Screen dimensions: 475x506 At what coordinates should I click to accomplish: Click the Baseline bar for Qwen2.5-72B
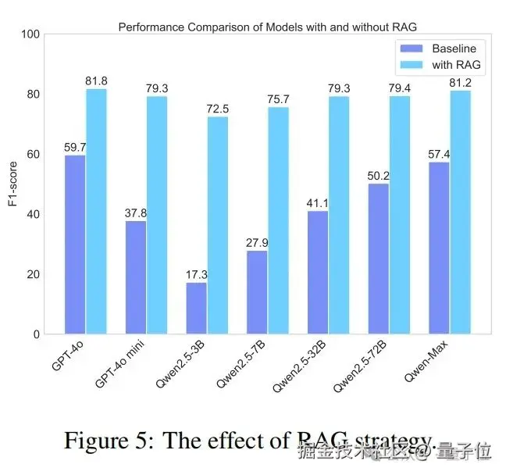coord(379,259)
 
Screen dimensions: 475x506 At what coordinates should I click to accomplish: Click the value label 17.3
coord(196,275)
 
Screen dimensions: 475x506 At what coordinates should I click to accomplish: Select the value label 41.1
coord(318,204)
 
